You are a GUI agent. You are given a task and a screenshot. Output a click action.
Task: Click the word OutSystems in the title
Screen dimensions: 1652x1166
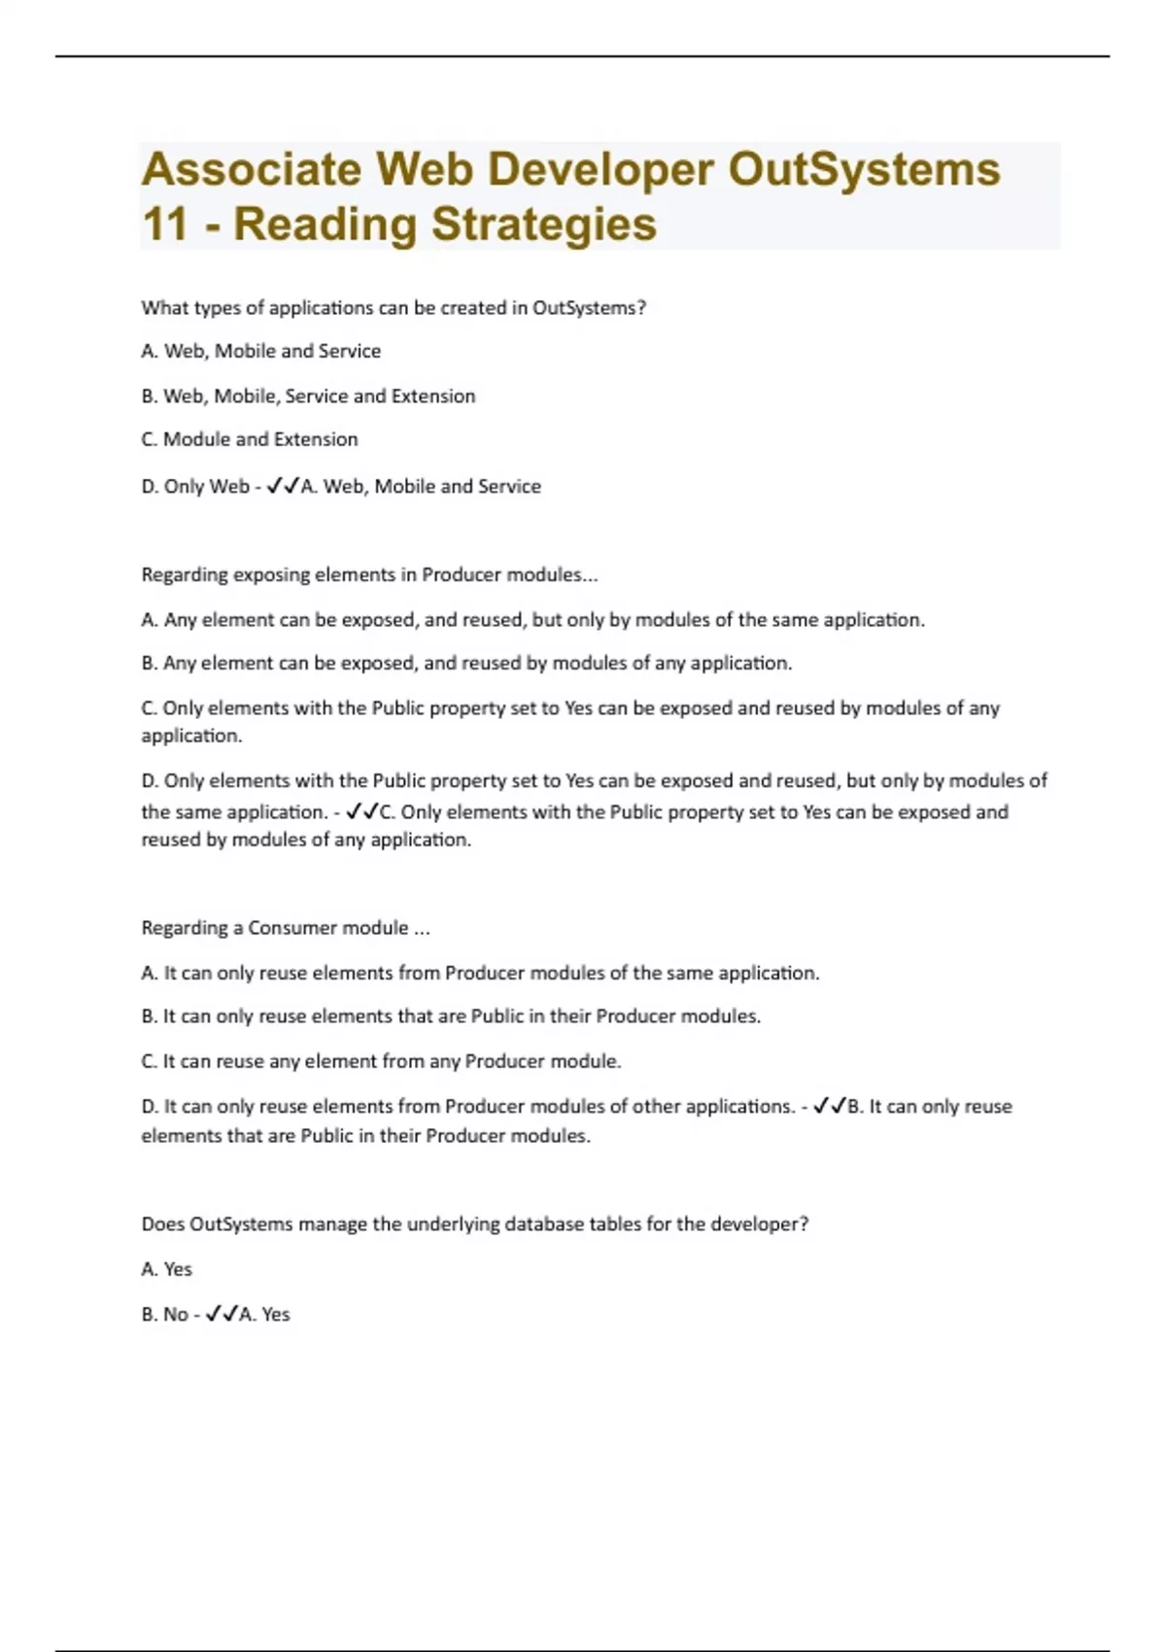864,169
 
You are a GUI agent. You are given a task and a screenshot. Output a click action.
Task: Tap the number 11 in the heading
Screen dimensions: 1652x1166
164,224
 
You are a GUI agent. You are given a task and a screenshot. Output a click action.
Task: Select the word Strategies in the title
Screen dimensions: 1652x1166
544,224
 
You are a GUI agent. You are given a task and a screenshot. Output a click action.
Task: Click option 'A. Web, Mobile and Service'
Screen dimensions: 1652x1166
260,351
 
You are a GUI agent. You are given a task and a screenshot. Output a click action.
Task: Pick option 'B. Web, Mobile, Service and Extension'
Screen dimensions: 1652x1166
308,396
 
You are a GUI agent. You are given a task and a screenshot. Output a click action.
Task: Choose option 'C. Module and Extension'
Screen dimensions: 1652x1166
250,439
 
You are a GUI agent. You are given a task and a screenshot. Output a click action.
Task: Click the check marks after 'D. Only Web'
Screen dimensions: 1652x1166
283,486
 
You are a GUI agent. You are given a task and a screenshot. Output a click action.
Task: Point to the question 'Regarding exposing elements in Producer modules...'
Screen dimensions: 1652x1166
369,574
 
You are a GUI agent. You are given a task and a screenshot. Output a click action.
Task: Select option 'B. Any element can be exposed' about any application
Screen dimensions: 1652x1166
466,663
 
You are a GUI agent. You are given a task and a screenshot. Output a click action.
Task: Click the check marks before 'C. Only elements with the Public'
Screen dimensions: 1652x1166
362,811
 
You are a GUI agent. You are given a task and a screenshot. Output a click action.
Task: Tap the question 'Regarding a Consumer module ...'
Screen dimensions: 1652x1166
286,927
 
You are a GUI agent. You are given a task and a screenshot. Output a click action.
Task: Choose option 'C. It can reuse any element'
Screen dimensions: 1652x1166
381,1061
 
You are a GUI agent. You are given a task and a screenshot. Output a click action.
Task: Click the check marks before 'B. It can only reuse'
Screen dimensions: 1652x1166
830,1106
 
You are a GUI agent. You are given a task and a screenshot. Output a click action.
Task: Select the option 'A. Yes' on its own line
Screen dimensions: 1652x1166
167,1269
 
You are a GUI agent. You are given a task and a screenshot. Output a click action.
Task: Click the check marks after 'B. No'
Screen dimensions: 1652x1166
222,1314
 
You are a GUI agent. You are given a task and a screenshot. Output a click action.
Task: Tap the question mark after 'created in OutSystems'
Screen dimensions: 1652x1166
640,308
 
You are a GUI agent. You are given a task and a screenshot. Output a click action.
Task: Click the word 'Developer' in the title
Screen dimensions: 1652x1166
600,169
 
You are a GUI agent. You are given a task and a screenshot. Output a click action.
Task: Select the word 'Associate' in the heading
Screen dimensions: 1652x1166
252,169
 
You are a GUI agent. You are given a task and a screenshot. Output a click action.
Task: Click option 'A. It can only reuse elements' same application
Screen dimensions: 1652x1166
480,973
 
